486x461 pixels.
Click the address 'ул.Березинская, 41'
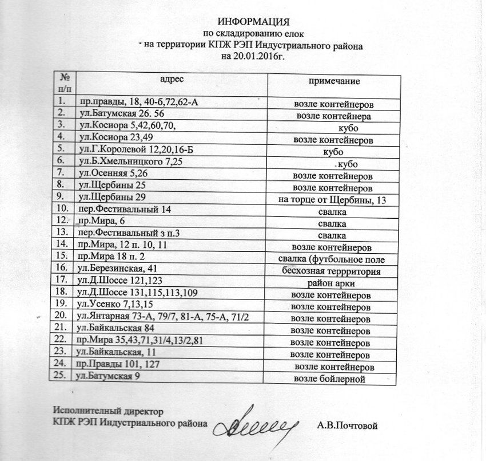117,269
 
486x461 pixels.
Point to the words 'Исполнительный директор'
108,411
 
